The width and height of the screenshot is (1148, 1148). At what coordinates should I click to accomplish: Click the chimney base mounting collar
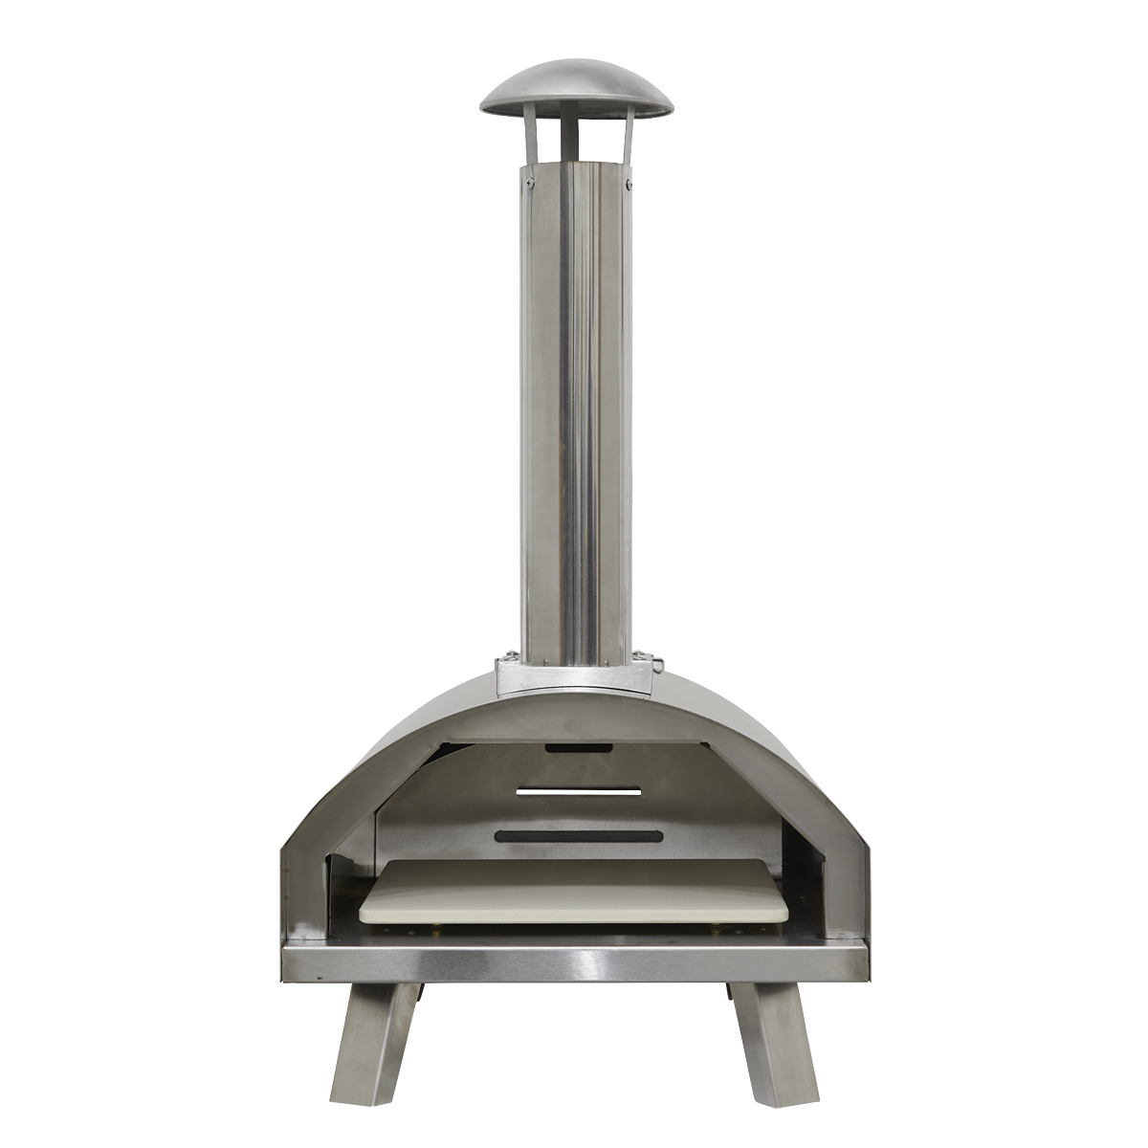[x=575, y=675]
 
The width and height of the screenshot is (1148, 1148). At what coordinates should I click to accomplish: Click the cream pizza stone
[x=574, y=891]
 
